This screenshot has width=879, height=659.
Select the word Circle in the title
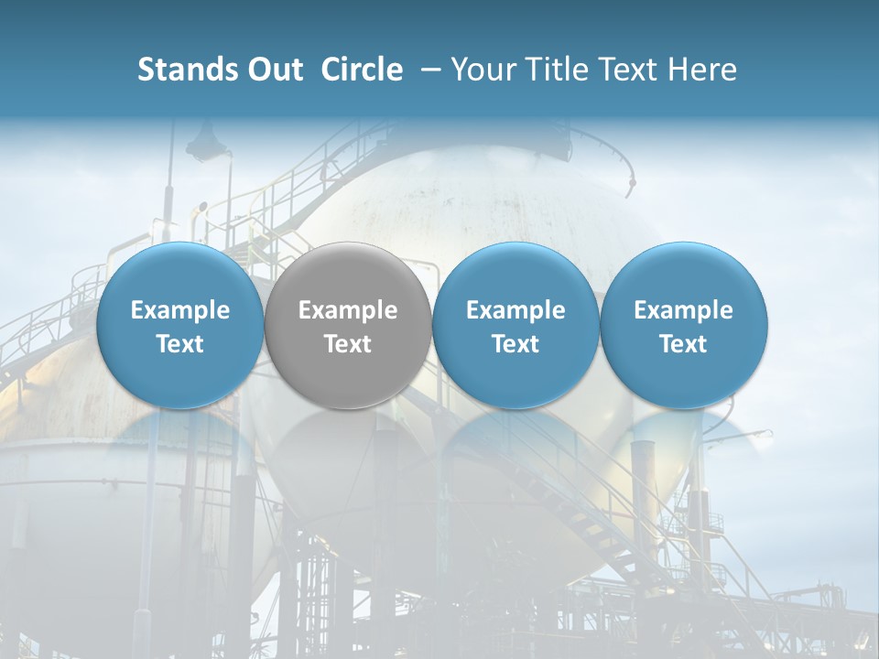362,70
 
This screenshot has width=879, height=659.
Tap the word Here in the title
703,70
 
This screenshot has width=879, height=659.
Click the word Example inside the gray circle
348,310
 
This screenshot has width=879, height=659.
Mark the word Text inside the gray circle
348,344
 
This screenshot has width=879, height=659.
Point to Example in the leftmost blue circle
179,310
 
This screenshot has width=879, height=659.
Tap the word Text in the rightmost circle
683,344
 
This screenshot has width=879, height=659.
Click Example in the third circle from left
515,310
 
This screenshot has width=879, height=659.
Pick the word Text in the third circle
515,344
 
